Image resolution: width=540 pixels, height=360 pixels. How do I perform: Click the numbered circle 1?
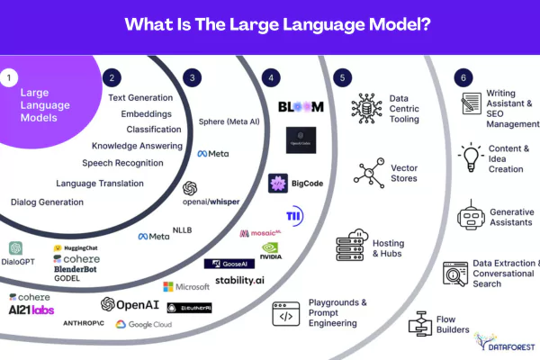tap(11, 78)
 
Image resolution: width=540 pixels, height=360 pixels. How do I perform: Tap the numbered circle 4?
tap(273, 78)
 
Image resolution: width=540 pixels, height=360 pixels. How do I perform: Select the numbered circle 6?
tap(462, 78)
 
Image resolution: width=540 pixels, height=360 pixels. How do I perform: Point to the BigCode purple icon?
tap(278, 183)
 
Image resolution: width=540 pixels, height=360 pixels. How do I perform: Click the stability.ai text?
tap(238, 281)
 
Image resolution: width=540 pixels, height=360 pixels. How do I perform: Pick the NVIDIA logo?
tap(271, 250)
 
